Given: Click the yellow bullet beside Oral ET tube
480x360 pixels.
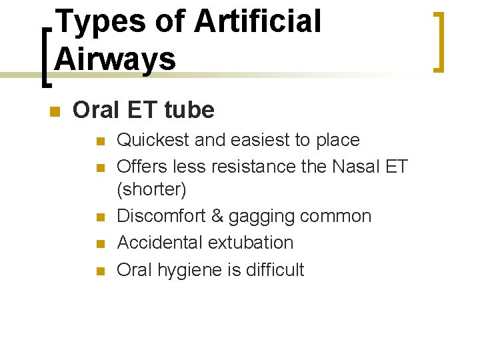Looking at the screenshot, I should (x=55, y=110).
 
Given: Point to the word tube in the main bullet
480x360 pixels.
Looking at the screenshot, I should (x=191, y=110).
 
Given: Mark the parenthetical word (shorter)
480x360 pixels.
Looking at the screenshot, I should (x=151, y=190).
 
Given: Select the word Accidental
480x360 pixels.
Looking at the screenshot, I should (x=160, y=242).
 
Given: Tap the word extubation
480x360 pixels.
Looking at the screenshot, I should (x=251, y=242).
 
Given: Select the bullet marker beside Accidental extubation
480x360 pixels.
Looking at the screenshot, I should (x=100, y=243).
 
